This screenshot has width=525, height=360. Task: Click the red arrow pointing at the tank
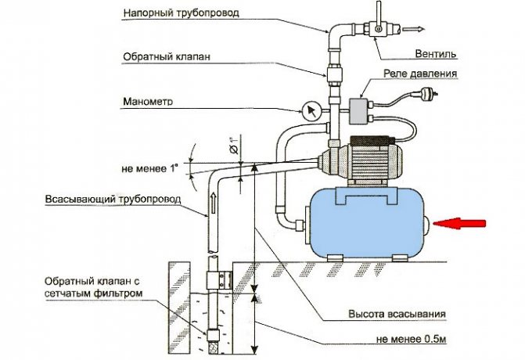click(x=461, y=225)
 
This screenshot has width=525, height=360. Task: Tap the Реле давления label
click(x=419, y=74)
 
